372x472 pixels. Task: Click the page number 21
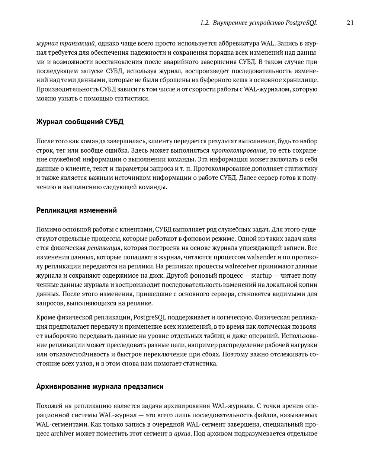(x=350, y=23)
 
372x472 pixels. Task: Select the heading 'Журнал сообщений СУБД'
(x=80, y=122)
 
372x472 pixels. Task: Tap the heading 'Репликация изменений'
(x=76, y=210)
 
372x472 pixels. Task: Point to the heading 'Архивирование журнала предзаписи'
(x=100, y=386)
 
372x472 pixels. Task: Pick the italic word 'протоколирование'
(x=238, y=150)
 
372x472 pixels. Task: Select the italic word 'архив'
(x=182, y=433)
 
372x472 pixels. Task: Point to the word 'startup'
(x=262, y=275)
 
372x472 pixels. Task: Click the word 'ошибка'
(x=118, y=150)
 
